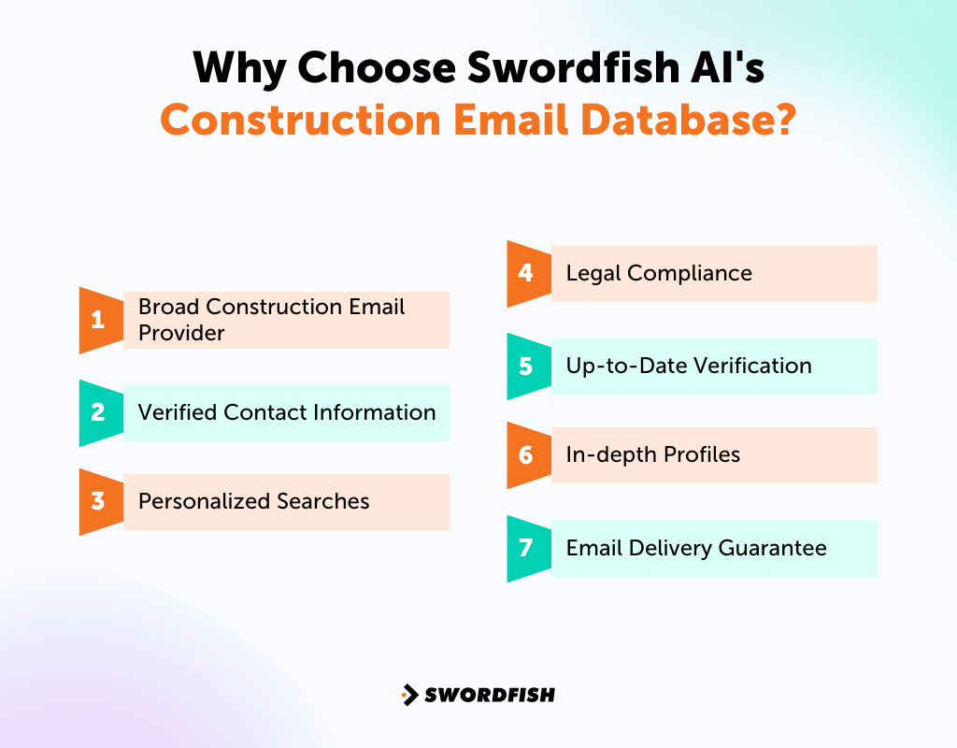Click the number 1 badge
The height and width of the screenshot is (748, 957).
point(98,320)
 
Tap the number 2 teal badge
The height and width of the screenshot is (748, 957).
point(98,412)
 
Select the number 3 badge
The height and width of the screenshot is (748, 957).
point(98,501)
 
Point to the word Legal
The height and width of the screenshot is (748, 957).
point(593,273)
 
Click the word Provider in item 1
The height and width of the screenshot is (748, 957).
point(181,333)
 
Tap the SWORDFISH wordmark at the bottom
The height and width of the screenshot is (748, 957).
point(490,695)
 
